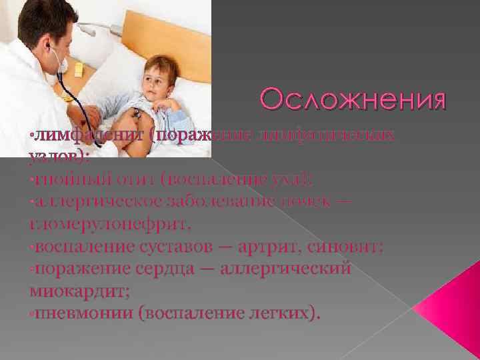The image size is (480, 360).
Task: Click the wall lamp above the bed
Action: (x=100, y=28)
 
